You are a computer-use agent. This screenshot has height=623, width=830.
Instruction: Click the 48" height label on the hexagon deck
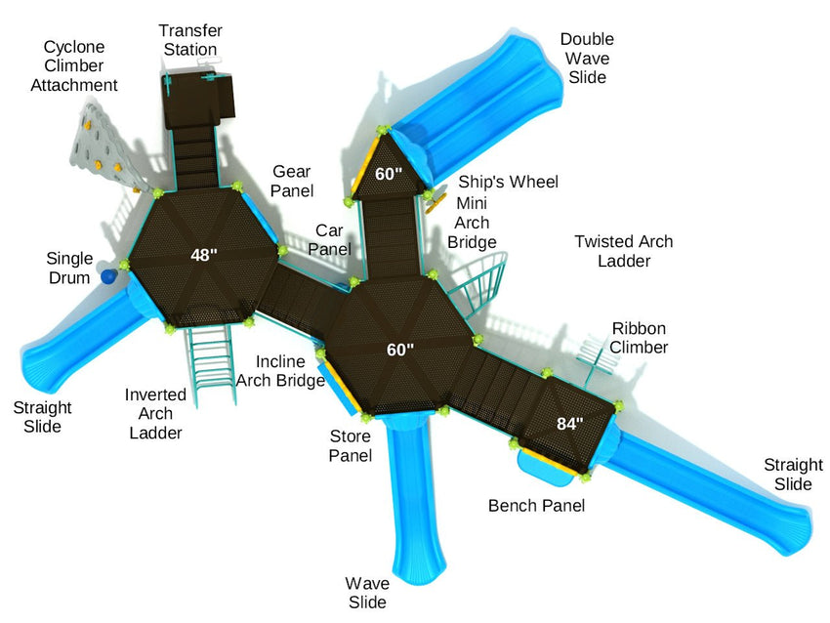[x=203, y=256]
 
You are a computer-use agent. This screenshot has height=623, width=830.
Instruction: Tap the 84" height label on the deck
[x=569, y=424]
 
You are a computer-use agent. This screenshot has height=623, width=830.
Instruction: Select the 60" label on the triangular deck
[x=389, y=175]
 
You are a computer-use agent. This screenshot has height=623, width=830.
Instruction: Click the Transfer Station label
[x=190, y=40]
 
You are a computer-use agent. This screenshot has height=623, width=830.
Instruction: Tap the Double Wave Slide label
[x=587, y=58]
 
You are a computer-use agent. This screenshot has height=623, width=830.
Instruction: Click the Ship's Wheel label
[x=509, y=182]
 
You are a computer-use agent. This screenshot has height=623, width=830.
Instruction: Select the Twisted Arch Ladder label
[x=623, y=251]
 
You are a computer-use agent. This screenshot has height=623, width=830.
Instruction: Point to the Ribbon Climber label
[x=640, y=337]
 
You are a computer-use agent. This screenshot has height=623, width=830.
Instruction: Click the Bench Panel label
[x=536, y=505]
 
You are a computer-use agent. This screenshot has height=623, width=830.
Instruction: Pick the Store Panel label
[x=351, y=446]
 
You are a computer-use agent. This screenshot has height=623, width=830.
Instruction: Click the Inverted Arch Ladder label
[x=155, y=413]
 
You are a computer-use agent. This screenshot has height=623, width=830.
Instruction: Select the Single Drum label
[x=70, y=268]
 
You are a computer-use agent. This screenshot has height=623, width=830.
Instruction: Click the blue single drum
[x=109, y=277]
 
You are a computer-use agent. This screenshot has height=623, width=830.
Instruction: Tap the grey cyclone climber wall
[x=98, y=146]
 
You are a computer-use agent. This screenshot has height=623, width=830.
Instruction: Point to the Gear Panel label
[x=292, y=180]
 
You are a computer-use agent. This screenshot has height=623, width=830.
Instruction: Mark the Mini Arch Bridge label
[x=473, y=222]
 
